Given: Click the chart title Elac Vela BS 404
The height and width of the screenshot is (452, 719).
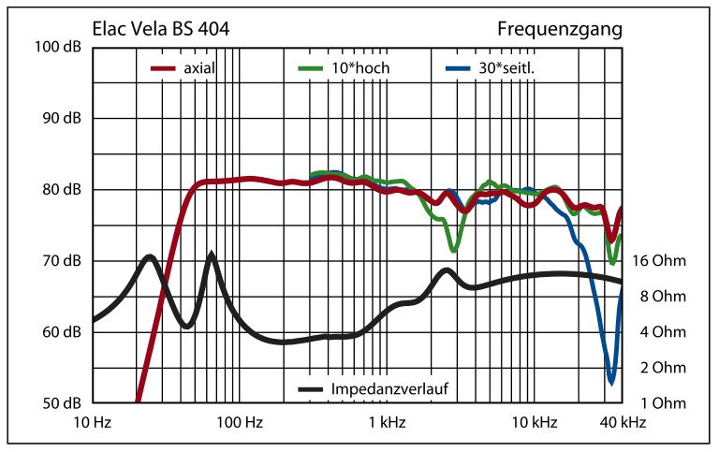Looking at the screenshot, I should [x=161, y=29].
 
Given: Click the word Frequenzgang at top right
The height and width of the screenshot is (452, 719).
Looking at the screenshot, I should [x=559, y=29].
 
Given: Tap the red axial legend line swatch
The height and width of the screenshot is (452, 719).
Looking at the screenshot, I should [x=165, y=68].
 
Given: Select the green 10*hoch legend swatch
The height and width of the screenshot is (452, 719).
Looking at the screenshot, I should [x=313, y=68].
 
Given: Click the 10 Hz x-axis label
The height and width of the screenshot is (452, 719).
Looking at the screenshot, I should [x=93, y=423].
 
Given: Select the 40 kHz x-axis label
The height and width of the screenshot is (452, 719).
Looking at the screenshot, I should [x=621, y=423].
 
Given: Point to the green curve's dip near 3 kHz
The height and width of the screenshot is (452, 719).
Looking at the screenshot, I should [x=454, y=250].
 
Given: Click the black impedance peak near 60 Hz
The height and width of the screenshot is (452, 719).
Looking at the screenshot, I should [x=212, y=255].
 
